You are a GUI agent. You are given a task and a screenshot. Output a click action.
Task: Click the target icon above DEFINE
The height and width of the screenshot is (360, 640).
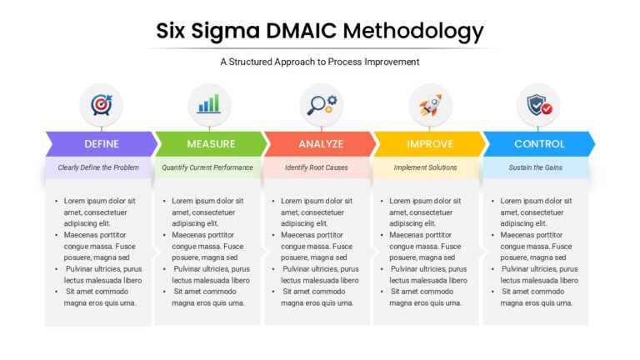pyautogui.click(x=101, y=105)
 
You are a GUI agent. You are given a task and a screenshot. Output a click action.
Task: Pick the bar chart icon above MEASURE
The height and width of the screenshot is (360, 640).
pyautogui.click(x=209, y=103)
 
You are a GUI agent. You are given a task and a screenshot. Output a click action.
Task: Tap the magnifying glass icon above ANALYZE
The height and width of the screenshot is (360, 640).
pyautogui.click(x=322, y=105)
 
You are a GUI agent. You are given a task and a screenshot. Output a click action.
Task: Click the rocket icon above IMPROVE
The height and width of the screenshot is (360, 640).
pyautogui.click(x=430, y=105)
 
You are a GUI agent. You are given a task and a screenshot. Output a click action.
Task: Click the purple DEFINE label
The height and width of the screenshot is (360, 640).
pyautogui.click(x=102, y=144)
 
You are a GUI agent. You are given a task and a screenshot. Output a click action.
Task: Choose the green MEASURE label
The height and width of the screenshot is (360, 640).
pyautogui.click(x=211, y=144)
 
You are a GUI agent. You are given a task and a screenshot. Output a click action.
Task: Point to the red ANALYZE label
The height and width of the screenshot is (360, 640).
pyautogui.click(x=321, y=144)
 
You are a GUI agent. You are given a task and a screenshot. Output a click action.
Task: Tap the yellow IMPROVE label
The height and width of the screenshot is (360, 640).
pyautogui.click(x=430, y=144)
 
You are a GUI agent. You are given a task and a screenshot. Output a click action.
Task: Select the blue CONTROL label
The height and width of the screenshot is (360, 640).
pyautogui.click(x=539, y=144)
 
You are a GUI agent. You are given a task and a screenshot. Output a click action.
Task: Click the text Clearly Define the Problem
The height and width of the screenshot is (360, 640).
pyautogui.click(x=98, y=167)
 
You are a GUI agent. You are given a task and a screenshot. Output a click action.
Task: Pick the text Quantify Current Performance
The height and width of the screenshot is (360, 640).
pyautogui.click(x=207, y=167)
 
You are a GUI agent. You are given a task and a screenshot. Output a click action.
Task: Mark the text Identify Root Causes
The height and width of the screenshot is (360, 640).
pyautogui.click(x=317, y=167)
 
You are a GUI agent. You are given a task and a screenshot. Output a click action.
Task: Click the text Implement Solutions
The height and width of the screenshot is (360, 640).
pyautogui.click(x=425, y=167)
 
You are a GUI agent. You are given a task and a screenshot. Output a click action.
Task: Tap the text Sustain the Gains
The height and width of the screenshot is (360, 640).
pyautogui.click(x=536, y=167)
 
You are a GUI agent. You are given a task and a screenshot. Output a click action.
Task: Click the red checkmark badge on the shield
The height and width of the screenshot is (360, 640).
pyautogui.click(x=547, y=109)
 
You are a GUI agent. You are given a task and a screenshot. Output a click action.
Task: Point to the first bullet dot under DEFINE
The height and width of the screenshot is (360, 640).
pyautogui.click(x=57, y=201)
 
